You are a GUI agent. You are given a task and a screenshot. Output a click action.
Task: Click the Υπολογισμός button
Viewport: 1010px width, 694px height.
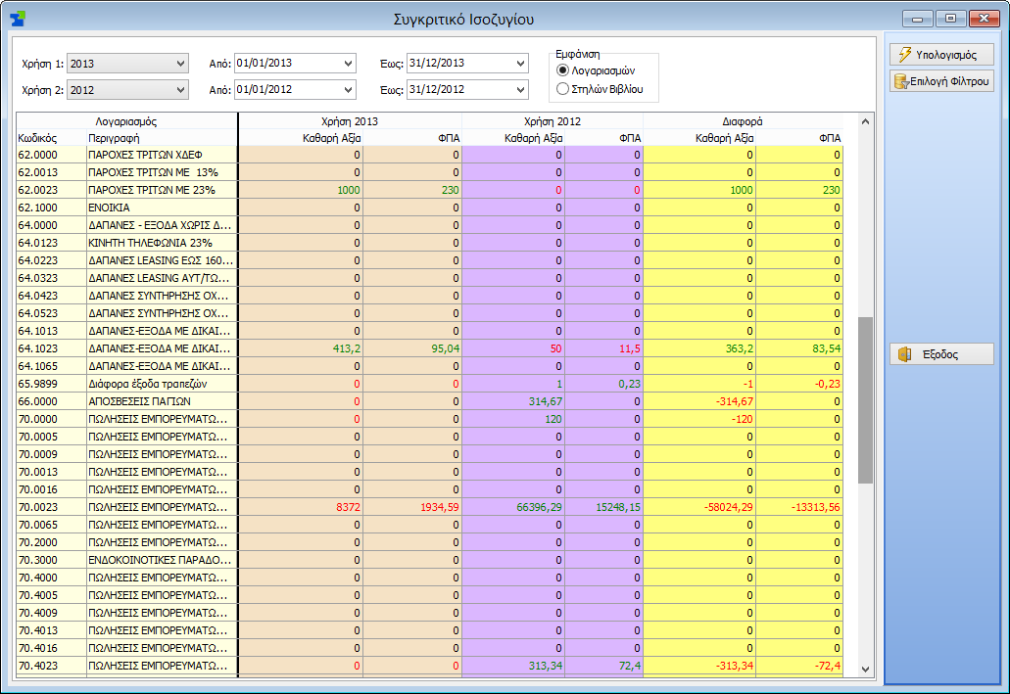point(941,55)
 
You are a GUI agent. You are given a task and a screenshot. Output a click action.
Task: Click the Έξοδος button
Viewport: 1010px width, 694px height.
point(941,354)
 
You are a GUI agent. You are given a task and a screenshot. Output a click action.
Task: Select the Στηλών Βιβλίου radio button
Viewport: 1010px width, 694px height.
point(562,89)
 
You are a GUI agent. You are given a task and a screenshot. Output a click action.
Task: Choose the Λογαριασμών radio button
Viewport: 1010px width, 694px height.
point(562,70)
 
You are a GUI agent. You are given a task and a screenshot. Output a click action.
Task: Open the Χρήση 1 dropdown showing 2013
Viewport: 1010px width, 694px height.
point(127,64)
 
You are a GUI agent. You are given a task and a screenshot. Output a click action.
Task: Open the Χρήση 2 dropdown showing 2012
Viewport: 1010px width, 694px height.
point(127,90)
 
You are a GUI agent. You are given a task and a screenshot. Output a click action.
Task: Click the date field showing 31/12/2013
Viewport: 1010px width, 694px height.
point(467,63)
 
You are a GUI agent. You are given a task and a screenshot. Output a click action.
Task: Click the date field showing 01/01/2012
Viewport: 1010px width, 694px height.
point(295,89)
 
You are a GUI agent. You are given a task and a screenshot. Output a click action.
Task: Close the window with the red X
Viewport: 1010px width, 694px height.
point(984,19)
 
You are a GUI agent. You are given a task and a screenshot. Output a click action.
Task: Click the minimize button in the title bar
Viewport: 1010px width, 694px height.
point(917,19)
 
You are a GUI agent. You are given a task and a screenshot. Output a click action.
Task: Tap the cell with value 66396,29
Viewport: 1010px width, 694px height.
point(513,507)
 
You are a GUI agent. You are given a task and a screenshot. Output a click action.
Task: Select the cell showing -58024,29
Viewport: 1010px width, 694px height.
point(699,507)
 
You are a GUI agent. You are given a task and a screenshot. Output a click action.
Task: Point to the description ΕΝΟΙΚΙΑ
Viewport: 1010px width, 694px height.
point(109,208)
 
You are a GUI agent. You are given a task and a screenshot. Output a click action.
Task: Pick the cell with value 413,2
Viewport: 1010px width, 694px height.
point(301,348)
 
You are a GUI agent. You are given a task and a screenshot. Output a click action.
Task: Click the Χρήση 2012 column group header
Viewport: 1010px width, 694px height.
point(552,121)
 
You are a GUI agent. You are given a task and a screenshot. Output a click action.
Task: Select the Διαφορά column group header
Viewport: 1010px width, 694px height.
point(743,121)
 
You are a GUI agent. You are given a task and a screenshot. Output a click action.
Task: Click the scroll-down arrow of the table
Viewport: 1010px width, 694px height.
point(865,669)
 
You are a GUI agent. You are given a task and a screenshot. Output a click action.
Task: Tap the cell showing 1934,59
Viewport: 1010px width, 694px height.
point(412,507)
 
